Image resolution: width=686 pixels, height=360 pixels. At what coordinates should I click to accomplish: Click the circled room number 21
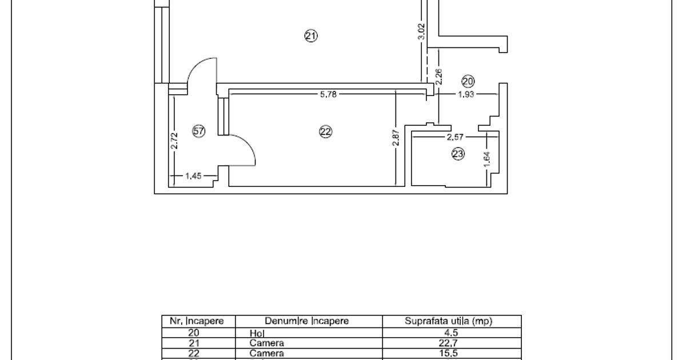pyautogui.click(x=310, y=36)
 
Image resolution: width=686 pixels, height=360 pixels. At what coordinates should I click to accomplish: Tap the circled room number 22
pyautogui.click(x=325, y=132)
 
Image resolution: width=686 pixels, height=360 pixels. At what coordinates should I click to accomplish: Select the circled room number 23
pyautogui.click(x=458, y=154)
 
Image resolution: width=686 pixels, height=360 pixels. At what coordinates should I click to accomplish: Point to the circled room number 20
pyautogui.click(x=468, y=82)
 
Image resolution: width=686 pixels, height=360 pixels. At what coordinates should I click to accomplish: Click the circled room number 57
pyautogui.click(x=198, y=131)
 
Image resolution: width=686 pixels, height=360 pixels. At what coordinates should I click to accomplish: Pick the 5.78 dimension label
pyautogui.click(x=328, y=94)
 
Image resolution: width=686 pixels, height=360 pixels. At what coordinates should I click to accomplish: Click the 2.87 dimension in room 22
pyautogui.click(x=396, y=137)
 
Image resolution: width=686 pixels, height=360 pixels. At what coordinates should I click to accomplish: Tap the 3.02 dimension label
pyautogui.click(x=422, y=31)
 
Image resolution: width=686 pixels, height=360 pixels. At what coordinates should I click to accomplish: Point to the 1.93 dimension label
pyautogui.click(x=466, y=94)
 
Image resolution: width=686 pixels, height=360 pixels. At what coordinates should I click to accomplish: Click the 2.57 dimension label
pyautogui.click(x=456, y=137)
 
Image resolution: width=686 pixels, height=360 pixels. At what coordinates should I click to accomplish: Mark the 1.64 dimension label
pyautogui.click(x=487, y=158)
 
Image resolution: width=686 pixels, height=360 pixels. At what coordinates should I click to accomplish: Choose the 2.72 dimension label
pyautogui.click(x=175, y=141)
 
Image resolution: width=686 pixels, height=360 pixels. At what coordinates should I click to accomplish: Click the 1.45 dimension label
pyautogui.click(x=194, y=176)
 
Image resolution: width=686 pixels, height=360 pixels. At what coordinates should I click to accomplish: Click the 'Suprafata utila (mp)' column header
pyautogui.click(x=448, y=321)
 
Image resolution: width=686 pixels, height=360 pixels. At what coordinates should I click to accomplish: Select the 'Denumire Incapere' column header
pyautogui.click(x=306, y=321)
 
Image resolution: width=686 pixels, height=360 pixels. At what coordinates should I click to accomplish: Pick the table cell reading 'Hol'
pyautogui.click(x=255, y=333)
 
